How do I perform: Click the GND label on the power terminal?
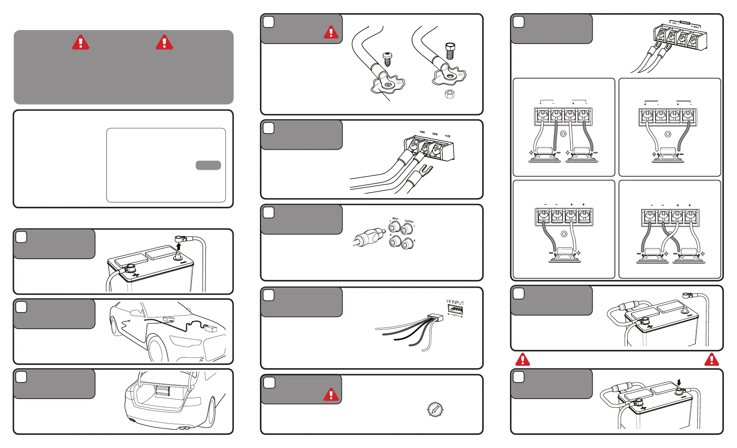(422, 132)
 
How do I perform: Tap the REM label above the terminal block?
(435, 134)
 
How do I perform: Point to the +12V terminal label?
(447, 136)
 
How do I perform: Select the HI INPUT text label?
(455, 302)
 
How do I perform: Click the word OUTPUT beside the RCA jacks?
(409, 221)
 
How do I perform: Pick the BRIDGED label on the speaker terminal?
(685, 23)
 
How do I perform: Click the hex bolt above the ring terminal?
(450, 51)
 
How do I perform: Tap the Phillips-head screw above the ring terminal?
(388, 59)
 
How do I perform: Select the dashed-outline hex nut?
(450, 94)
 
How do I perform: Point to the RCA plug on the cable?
(369, 237)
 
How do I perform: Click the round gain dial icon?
(435, 409)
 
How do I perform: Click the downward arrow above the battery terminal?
(679, 383)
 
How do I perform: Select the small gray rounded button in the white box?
(208, 165)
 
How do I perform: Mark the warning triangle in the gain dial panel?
(331, 395)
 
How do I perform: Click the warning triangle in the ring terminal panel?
(331, 32)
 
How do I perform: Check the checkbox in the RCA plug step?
(269, 213)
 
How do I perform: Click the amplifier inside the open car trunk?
(162, 391)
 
